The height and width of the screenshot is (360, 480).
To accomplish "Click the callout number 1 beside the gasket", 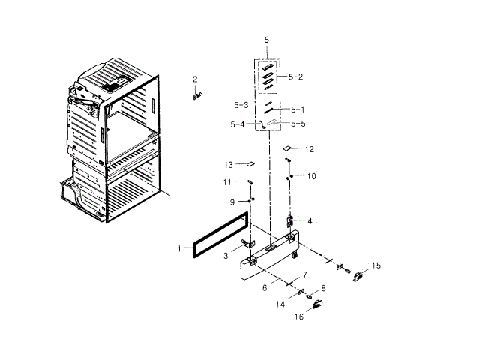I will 179,247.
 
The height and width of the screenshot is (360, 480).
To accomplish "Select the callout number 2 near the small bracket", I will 195,79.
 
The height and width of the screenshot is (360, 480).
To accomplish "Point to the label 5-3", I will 240,105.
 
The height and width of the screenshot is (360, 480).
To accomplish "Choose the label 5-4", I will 237,124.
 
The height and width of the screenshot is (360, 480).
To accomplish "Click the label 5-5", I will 298,124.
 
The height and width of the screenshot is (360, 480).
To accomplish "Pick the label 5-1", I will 298,109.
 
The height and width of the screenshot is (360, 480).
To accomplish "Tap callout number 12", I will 309,149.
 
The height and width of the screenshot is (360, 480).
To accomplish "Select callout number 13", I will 229,164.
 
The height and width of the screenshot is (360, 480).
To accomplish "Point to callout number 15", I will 376,265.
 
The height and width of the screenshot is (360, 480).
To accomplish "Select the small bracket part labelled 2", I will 197,94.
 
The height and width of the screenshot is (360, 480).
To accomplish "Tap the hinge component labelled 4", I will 289,222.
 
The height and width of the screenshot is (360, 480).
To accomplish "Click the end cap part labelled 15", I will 358,274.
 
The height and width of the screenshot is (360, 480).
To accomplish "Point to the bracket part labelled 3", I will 247,247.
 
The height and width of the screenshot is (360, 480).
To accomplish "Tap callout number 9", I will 232,202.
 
